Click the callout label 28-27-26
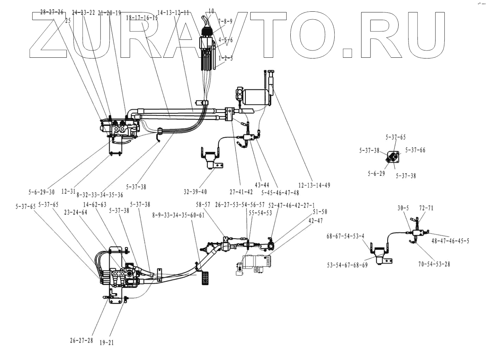[x=51, y=12]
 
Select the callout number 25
[x=68, y=21]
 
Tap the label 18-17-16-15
[x=142, y=18]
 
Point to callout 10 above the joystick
[x=211, y=11]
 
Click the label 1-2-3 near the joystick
[x=225, y=58]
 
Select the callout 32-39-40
[x=196, y=191]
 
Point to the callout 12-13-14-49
[x=314, y=185]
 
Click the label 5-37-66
[x=415, y=150]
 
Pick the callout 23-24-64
[x=76, y=212]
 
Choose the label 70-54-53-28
[x=434, y=264]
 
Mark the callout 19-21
[x=106, y=342]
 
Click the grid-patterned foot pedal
[x=205, y=278]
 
